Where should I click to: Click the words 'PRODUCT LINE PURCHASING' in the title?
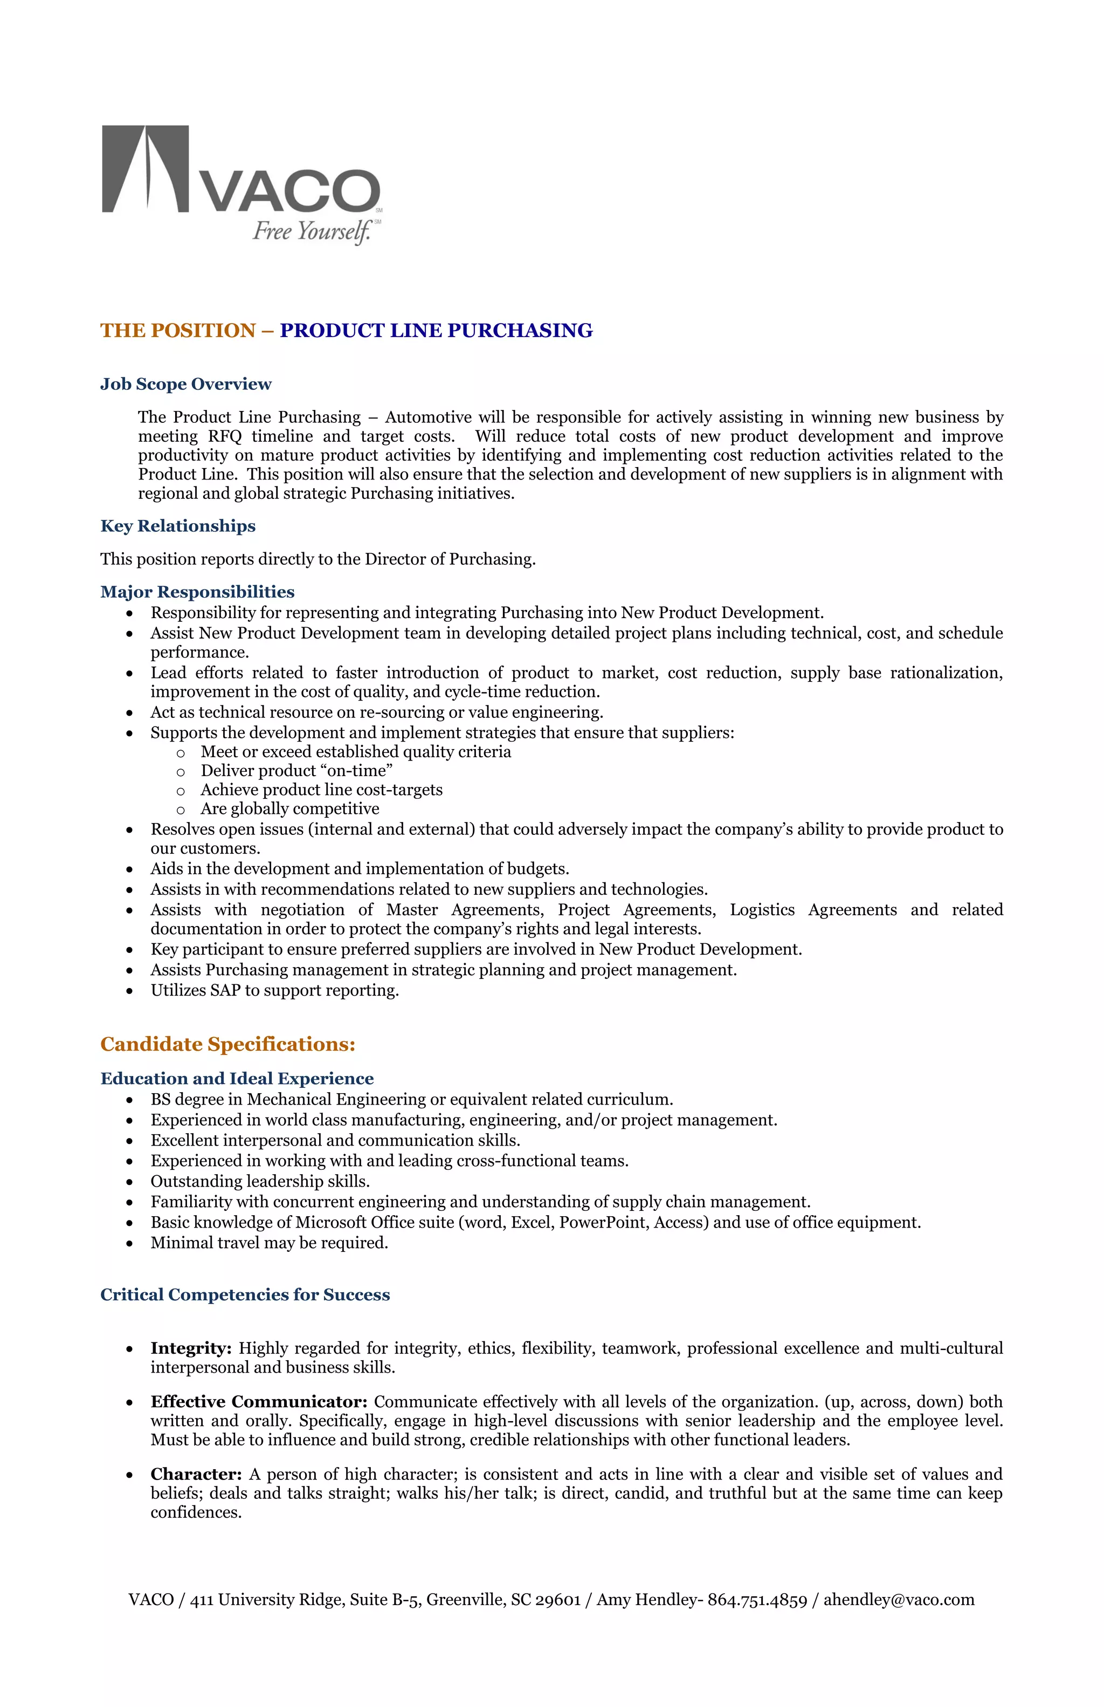[436, 331]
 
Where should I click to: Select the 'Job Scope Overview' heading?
[185, 385]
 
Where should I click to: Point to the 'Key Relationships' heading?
[178, 526]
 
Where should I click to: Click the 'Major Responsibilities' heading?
[197, 592]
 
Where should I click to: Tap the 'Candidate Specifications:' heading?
[227, 1044]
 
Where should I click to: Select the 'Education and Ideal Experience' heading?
[237, 1079]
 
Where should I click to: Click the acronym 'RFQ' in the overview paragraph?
[225, 437]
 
